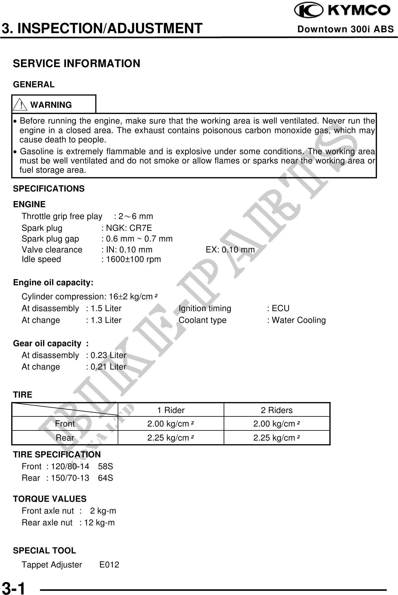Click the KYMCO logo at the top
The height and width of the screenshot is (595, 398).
(x=342, y=11)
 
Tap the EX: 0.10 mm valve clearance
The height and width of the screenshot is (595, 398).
(x=230, y=250)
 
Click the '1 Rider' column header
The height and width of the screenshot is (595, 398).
(x=171, y=410)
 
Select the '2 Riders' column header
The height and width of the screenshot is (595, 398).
(x=277, y=410)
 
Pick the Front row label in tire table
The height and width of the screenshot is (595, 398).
(x=65, y=424)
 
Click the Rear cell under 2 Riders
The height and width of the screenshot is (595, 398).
(x=277, y=438)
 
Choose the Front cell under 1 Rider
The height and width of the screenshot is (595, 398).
(x=171, y=424)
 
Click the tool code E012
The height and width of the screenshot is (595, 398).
(x=109, y=565)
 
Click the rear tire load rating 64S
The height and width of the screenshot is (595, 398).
(x=105, y=478)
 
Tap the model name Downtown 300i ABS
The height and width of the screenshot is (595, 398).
(x=346, y=29)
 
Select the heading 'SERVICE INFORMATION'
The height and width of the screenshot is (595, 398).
(x=77, y=63)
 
